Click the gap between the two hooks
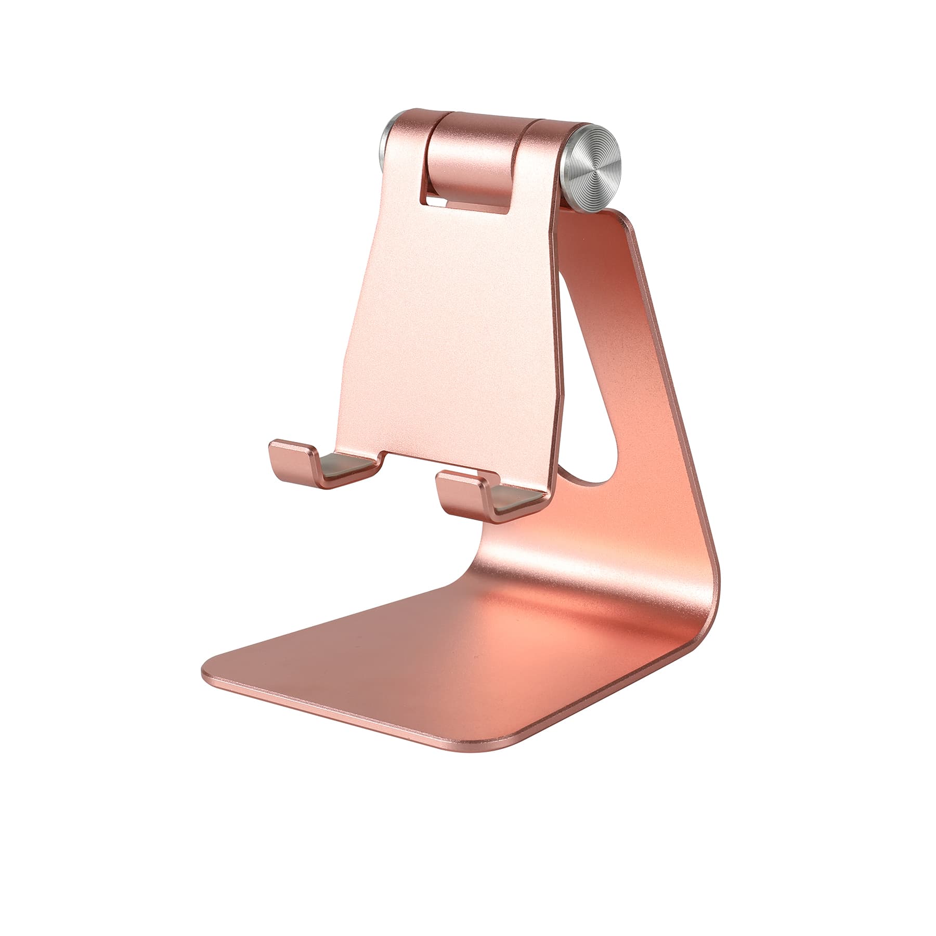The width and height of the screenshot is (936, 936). [x=406, y=468]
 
